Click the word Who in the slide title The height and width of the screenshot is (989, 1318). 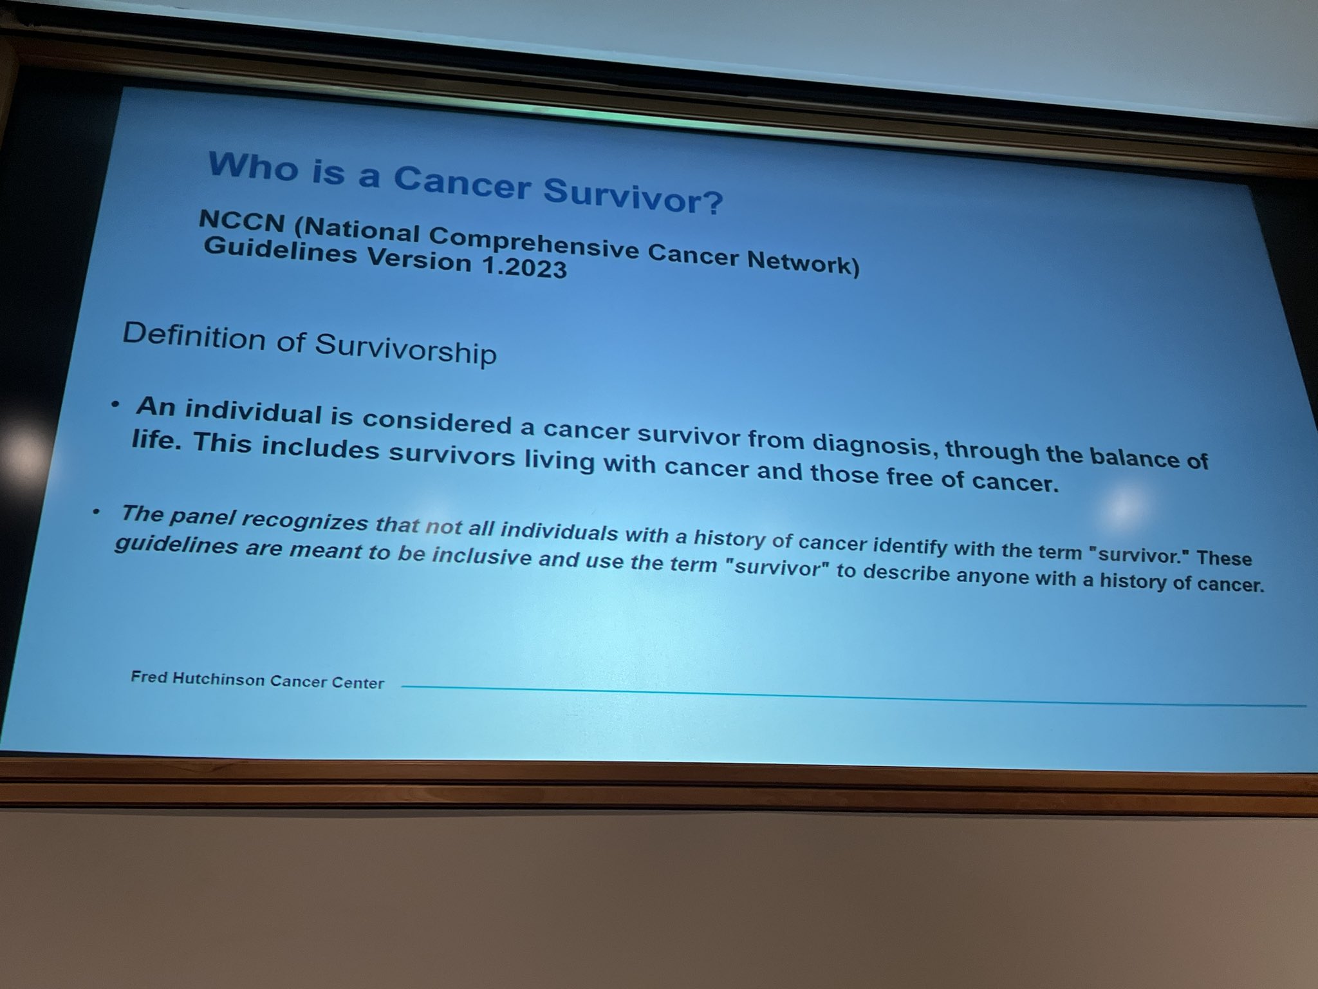pyautogui.click(x=251, y=166)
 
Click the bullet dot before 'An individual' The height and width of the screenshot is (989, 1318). pyautogui.click(x=115, y=405)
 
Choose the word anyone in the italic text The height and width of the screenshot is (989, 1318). pyautogui.click(x=994, y=576)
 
